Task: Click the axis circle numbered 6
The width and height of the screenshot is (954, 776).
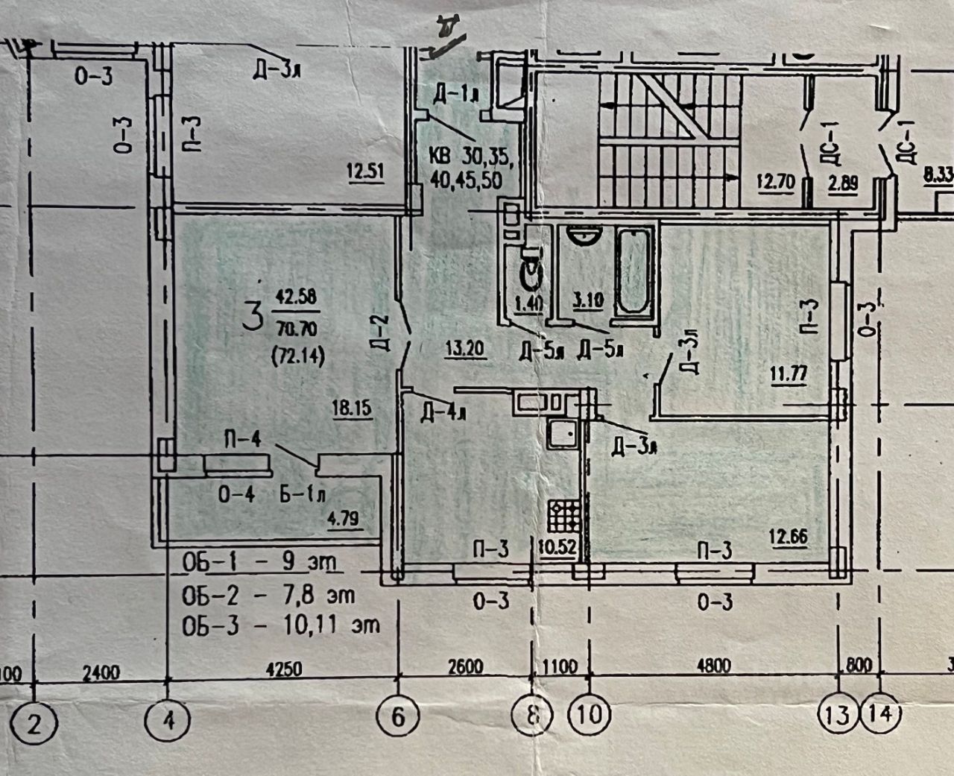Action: pyautogui.click(x=397, y=718)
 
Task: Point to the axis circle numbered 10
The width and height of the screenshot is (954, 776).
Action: pyautogui.click(x=589, y=716)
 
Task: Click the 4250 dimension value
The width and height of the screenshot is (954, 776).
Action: pyautogui.click(x=283, y=669)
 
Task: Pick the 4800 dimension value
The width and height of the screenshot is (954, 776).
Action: pyautogui.click(x=713, y=665)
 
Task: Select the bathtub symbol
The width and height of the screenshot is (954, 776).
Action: pyautogui.click(x=634, y=273)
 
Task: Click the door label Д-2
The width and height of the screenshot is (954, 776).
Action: pyautogui.click(x=380, y=329)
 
